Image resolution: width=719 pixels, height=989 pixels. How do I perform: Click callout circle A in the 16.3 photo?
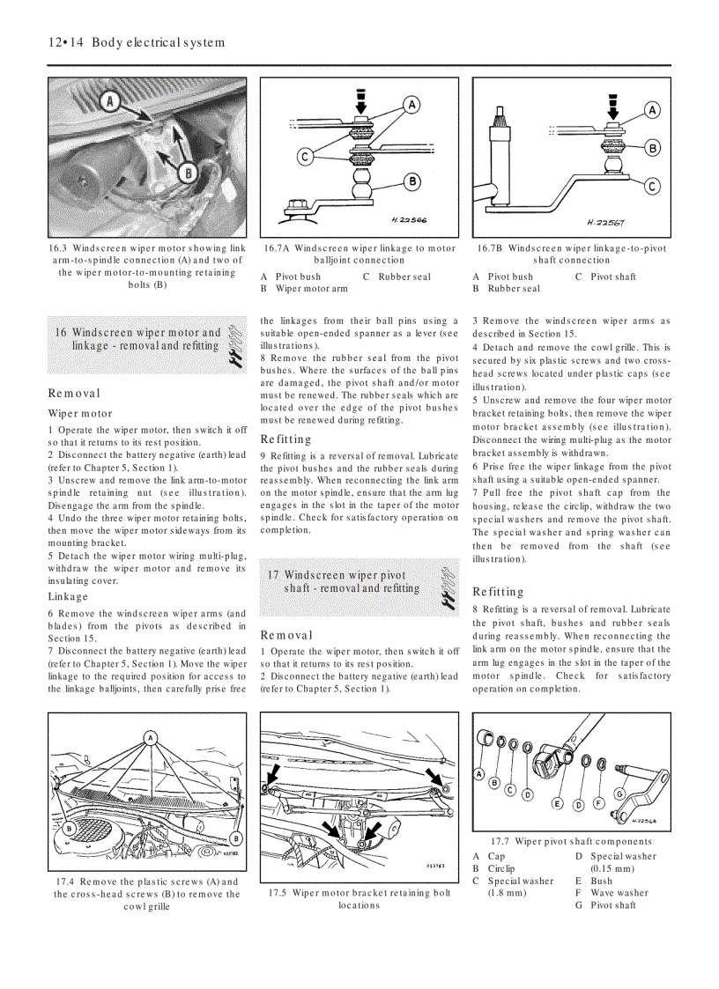coord(111,100)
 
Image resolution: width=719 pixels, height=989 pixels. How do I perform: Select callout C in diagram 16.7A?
coord(305,157)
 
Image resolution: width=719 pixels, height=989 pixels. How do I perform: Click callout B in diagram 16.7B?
coord(653,148)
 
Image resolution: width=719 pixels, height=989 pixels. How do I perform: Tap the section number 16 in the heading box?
coord(61,333)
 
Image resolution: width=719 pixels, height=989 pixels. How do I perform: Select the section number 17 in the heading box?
coord(273,575)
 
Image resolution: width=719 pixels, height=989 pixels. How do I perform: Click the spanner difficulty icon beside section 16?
coord(233,345)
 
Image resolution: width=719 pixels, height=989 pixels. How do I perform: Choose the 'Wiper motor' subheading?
coord(80,413)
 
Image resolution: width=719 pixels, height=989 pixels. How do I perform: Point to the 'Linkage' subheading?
coord(68,596)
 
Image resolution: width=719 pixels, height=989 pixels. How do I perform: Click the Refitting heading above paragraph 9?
coord(286,439)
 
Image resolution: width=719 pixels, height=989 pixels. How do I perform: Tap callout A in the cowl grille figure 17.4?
coord(151,736)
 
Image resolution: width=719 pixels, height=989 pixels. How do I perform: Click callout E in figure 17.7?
coord(557,803)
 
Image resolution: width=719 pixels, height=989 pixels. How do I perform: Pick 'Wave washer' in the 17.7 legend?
coord(619,892)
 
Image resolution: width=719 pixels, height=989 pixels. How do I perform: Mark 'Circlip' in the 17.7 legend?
coord(501,868)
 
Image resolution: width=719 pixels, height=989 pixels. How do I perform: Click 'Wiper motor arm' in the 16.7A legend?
coord(311,289)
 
